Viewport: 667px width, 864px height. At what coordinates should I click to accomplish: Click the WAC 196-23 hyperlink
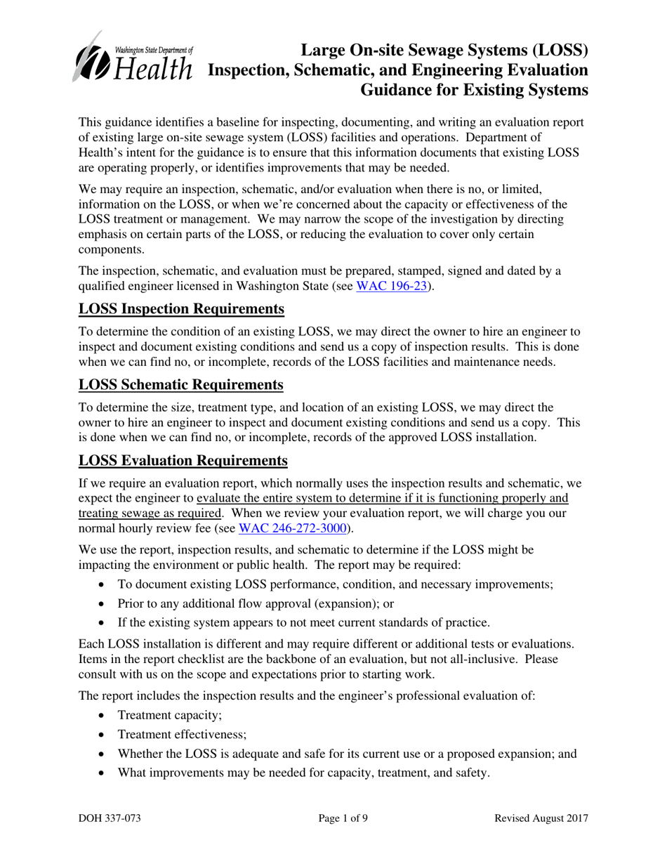coord(391,286)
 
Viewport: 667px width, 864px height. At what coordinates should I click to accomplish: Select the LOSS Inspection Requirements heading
coord(181,310)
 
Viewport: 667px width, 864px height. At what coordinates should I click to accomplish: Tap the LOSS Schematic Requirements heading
coord(181,385)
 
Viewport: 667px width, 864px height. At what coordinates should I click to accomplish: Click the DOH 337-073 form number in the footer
coord(113,818)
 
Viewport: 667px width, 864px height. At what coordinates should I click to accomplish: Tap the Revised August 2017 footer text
coord(541,818)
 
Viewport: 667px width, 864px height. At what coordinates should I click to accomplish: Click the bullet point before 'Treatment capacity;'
coord(103,716)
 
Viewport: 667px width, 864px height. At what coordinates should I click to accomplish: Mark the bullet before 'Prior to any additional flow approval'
coord(103,603)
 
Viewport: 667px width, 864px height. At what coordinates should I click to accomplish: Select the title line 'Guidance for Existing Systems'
coord(474,90)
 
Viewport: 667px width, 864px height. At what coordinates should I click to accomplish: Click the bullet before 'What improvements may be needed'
coord(103,773)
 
